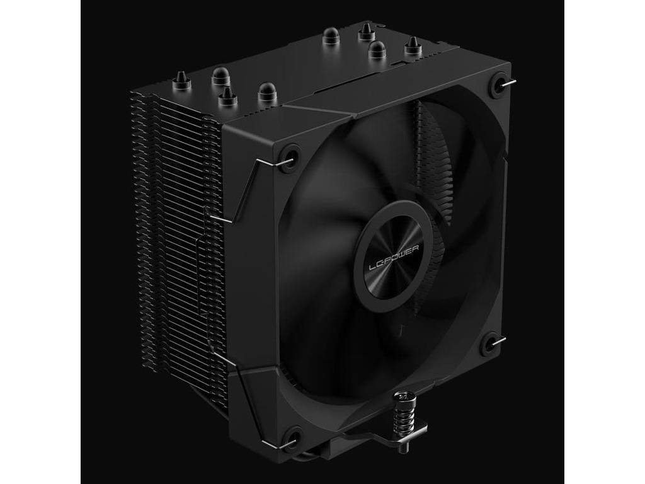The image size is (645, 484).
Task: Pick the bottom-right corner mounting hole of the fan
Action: coord(489,345)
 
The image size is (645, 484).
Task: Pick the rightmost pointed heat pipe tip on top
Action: coord(412,45)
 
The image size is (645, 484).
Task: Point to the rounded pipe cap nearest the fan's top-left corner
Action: coord(267,93)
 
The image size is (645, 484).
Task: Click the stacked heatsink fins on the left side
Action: coord(170,239)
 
